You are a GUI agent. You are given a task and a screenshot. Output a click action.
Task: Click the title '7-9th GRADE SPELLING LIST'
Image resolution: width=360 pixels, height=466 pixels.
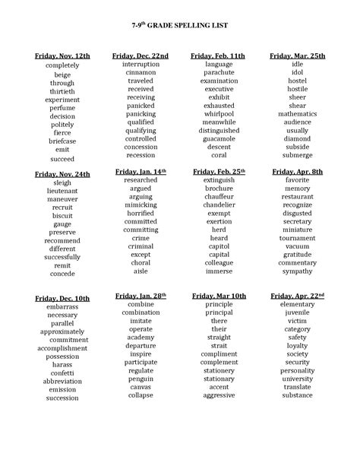pos(180,24)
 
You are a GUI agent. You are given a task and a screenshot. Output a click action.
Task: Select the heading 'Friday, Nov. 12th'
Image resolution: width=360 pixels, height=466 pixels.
pos(62,56)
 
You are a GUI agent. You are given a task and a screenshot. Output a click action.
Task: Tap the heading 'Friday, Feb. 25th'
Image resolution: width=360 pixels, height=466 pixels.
pos(218,173)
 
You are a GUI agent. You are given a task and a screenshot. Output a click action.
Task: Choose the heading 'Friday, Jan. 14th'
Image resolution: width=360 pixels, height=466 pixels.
pos(140,173)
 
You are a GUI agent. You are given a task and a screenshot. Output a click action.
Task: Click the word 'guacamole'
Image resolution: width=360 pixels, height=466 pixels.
pos(219,138)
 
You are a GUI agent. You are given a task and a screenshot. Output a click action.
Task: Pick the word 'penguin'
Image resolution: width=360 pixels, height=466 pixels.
pos(141,377)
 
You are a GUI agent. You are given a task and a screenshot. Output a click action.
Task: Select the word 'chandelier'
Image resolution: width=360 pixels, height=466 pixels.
pos(219,205)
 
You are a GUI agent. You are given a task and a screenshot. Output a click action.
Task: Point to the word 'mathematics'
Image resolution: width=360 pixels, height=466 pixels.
pos(297,113)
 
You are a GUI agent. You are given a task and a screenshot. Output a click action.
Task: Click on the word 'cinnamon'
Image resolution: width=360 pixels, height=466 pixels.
pos(141,72)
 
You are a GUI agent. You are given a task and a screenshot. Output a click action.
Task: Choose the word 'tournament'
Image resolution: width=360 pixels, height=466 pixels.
pos(297,238)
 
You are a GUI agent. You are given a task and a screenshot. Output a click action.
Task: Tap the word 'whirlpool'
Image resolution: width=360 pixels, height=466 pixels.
pos(219,113)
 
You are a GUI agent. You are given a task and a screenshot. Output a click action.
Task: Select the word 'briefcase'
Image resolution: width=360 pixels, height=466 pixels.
pos(62,141)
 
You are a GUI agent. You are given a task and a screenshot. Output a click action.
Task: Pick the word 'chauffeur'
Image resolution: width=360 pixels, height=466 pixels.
pos(219,197)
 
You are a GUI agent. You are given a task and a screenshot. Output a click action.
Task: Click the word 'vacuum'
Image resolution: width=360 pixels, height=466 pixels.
pos(297,246)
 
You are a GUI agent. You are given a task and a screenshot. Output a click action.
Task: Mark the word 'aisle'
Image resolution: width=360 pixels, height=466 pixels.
pos(141,271)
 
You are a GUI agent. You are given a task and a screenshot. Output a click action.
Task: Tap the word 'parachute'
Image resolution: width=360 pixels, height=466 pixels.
pos(219,72)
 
